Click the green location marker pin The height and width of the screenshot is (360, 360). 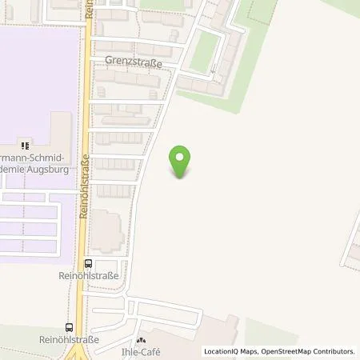[182, 162]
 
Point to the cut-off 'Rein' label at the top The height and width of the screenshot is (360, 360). [90, 8]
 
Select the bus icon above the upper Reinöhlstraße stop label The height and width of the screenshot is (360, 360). [89, 263]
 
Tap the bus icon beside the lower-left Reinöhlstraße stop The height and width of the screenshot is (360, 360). [70, 326]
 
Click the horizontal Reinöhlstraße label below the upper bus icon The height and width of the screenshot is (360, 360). [89, 276]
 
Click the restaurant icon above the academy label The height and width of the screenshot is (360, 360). [25, 145]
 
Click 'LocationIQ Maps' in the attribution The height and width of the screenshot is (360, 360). [231, 351]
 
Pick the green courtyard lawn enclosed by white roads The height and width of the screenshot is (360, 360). [205, 50]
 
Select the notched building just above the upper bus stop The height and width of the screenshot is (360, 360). [109, 230]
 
